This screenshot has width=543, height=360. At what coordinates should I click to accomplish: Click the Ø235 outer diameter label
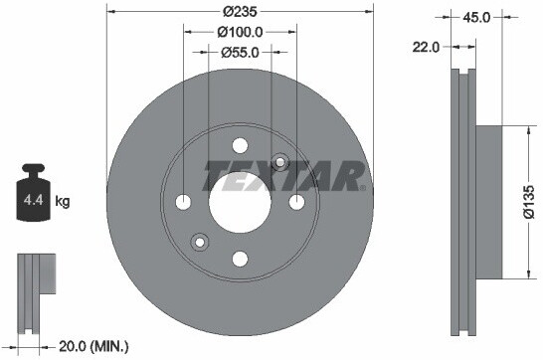240,12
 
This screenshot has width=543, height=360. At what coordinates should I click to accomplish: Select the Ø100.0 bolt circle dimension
240,32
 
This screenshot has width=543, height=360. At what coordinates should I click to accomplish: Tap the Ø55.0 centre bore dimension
240,53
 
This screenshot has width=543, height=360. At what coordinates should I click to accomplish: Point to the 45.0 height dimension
476,17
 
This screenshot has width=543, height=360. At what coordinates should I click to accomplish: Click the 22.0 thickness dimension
426,47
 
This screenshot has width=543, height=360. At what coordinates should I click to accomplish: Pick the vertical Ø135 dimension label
529,202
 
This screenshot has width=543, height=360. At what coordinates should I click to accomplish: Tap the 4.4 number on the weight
33,200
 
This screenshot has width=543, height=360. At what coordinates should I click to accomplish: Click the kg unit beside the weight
63,201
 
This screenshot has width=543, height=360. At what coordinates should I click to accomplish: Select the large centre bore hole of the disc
240,203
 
